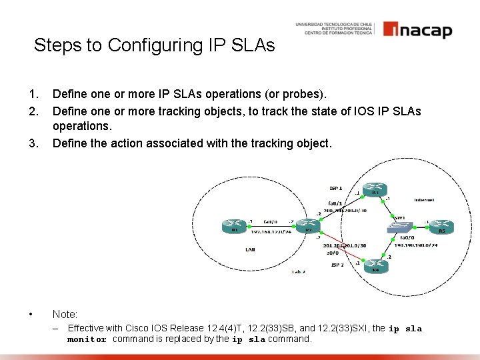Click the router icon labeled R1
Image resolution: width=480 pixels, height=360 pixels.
[x=235, y=227]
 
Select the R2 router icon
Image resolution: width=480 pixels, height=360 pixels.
[x=308, y=227]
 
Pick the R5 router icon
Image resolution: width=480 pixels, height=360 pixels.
[x=441, y=227]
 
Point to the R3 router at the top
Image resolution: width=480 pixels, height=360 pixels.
[x=376, y=189]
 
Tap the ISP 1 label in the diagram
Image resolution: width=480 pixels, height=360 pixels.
[x=336, y=188]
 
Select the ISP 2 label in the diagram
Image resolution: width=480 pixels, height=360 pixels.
[x=337, y=265]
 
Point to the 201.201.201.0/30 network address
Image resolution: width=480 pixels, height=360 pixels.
[x=344, y=245]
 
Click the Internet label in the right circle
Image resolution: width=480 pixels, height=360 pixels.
[x=424, y=199]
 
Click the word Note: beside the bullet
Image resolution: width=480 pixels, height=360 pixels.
[x=65, y=313]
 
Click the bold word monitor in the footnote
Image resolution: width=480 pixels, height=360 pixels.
[x=87, y=339]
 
